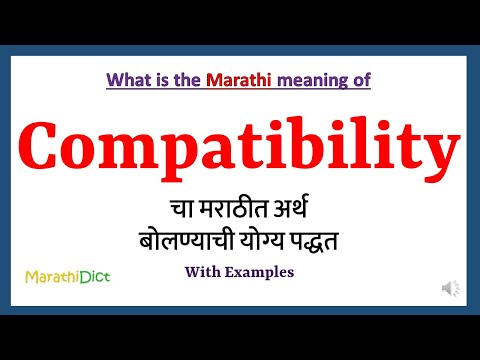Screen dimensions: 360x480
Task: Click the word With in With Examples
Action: point(203,272)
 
